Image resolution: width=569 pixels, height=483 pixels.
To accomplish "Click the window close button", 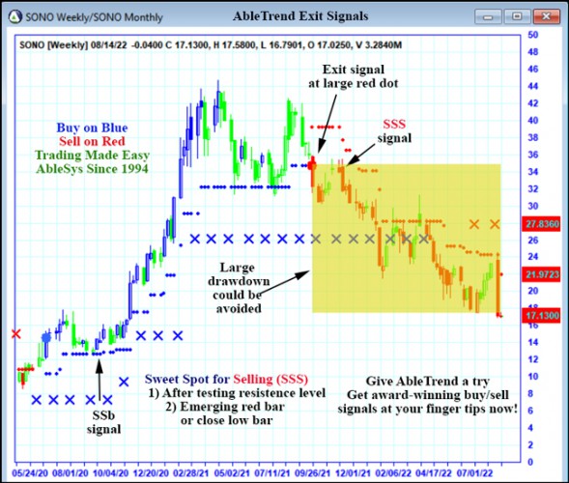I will [546, 16].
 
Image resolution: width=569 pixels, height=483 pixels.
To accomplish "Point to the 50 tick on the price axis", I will [532, 35].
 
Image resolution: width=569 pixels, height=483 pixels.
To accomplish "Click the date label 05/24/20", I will [27, 473].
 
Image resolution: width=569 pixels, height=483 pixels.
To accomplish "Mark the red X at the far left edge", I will [14, 333].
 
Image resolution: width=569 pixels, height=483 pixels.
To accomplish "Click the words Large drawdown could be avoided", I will [237, 288].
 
